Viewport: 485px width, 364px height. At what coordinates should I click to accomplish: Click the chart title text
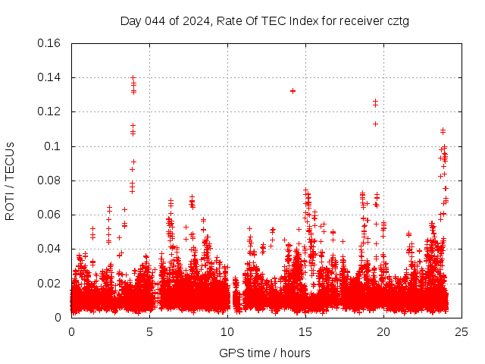coord(264,20)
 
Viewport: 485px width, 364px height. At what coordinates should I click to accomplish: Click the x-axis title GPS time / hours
coord(264,353)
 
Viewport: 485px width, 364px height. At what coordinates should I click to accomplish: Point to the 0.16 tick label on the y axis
coord(50,43)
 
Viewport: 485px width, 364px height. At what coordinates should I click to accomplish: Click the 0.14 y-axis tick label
coord(50,77)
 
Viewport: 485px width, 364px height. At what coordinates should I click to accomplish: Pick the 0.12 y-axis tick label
coord(50,111)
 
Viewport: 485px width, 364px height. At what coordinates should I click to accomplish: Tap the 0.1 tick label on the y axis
coord(54,146)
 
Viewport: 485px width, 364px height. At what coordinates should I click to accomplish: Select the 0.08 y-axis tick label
coord(50,180)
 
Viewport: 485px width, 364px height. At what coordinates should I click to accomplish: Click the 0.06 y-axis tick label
coord(50,215)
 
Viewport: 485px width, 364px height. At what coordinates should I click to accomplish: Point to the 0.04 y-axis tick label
coord(50,249)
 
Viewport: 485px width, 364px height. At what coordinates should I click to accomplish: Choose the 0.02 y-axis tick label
coord(50,284)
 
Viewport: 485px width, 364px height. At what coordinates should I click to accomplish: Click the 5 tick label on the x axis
coord(149,332)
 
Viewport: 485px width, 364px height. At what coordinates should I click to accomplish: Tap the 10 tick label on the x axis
coord(227,332)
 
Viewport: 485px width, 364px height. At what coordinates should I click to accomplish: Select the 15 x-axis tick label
coord(305,332)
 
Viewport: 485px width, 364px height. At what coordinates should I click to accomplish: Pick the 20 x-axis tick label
coord(383,332)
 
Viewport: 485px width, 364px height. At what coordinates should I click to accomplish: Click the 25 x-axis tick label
coord(462,332)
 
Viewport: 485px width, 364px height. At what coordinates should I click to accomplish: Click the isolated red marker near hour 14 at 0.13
coord(293,91)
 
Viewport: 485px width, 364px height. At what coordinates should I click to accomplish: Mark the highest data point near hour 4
coord(133,77)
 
